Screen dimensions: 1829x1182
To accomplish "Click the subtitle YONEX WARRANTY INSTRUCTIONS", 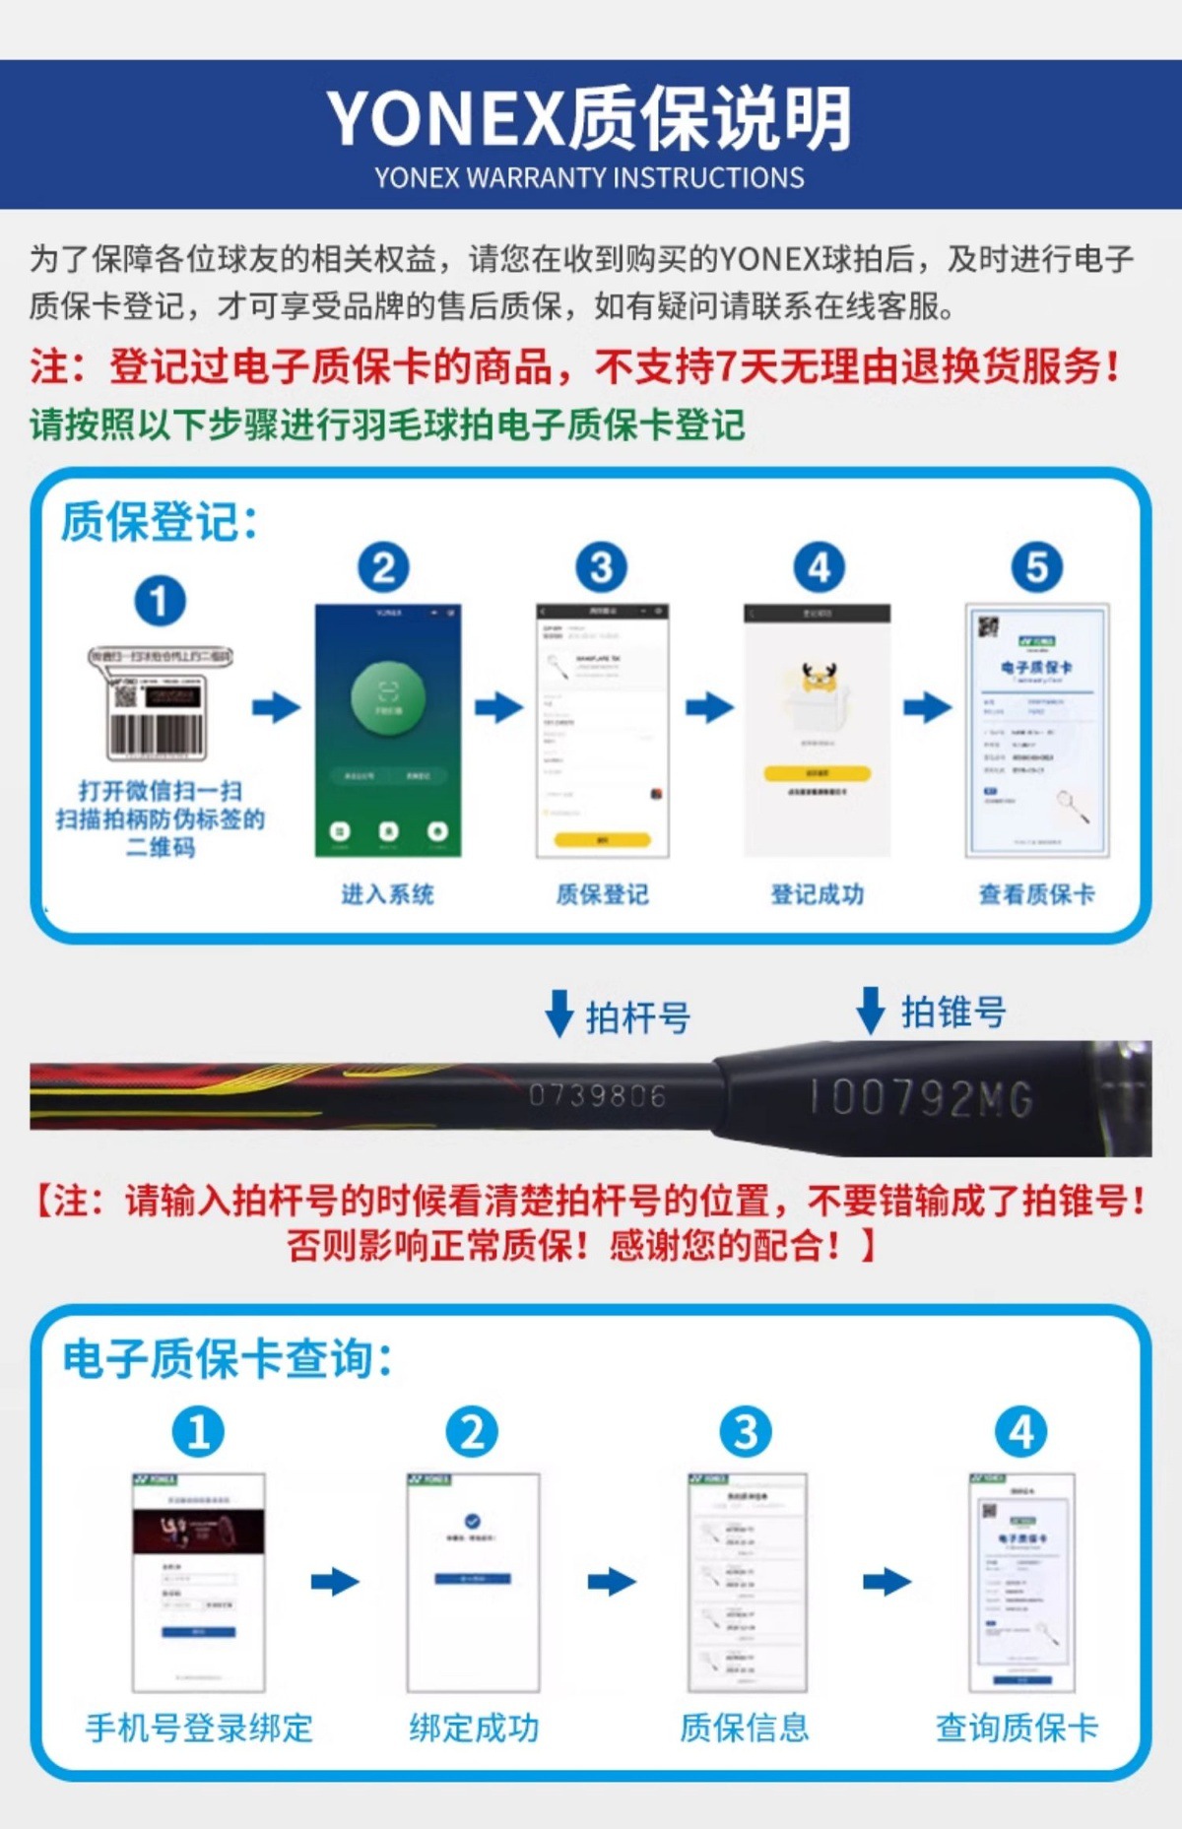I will coord(589,178).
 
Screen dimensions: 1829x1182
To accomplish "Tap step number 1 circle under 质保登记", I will coord(160,601).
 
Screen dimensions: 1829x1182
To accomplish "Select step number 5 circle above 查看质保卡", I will coord(1036,567).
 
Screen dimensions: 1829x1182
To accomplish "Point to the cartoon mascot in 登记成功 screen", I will coord(818,680).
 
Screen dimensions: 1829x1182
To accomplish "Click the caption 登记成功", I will coord(818,894).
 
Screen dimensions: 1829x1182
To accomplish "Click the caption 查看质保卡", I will coord(1036,894).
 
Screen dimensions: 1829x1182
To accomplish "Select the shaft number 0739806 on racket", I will coord(597,1095).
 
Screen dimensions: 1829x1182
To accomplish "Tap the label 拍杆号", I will coord(638,1017).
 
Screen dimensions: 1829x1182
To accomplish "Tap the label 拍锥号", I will coord(952,1012).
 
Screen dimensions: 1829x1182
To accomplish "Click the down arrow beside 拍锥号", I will coord(871,1011).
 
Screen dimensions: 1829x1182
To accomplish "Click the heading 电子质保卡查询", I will coord(228,1360).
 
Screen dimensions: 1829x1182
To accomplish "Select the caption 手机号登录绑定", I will coord(199,1728).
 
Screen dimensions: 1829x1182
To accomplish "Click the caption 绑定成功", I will coord(474,1728).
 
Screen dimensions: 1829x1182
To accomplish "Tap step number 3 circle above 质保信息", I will coord(746,1432).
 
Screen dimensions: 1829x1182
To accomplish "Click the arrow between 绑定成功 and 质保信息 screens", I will coord(612,1583).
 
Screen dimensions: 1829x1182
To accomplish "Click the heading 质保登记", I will coord(159,521).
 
